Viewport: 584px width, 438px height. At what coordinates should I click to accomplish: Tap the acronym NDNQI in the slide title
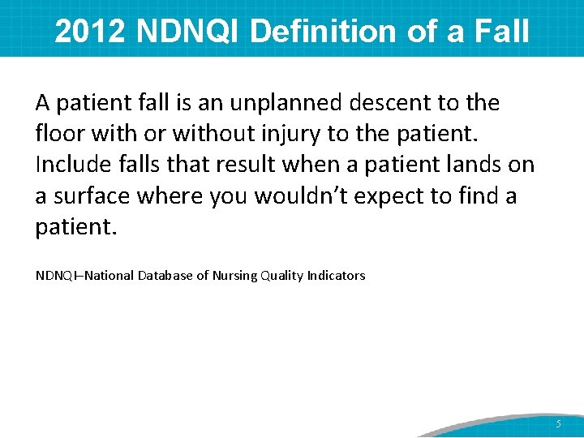[x=190, y=32]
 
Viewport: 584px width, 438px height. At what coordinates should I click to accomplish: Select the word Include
[x=75, y=165]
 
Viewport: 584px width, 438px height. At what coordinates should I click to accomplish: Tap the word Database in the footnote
[x=165, y=276]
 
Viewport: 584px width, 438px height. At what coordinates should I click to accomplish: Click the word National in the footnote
[x=109, y=276]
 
